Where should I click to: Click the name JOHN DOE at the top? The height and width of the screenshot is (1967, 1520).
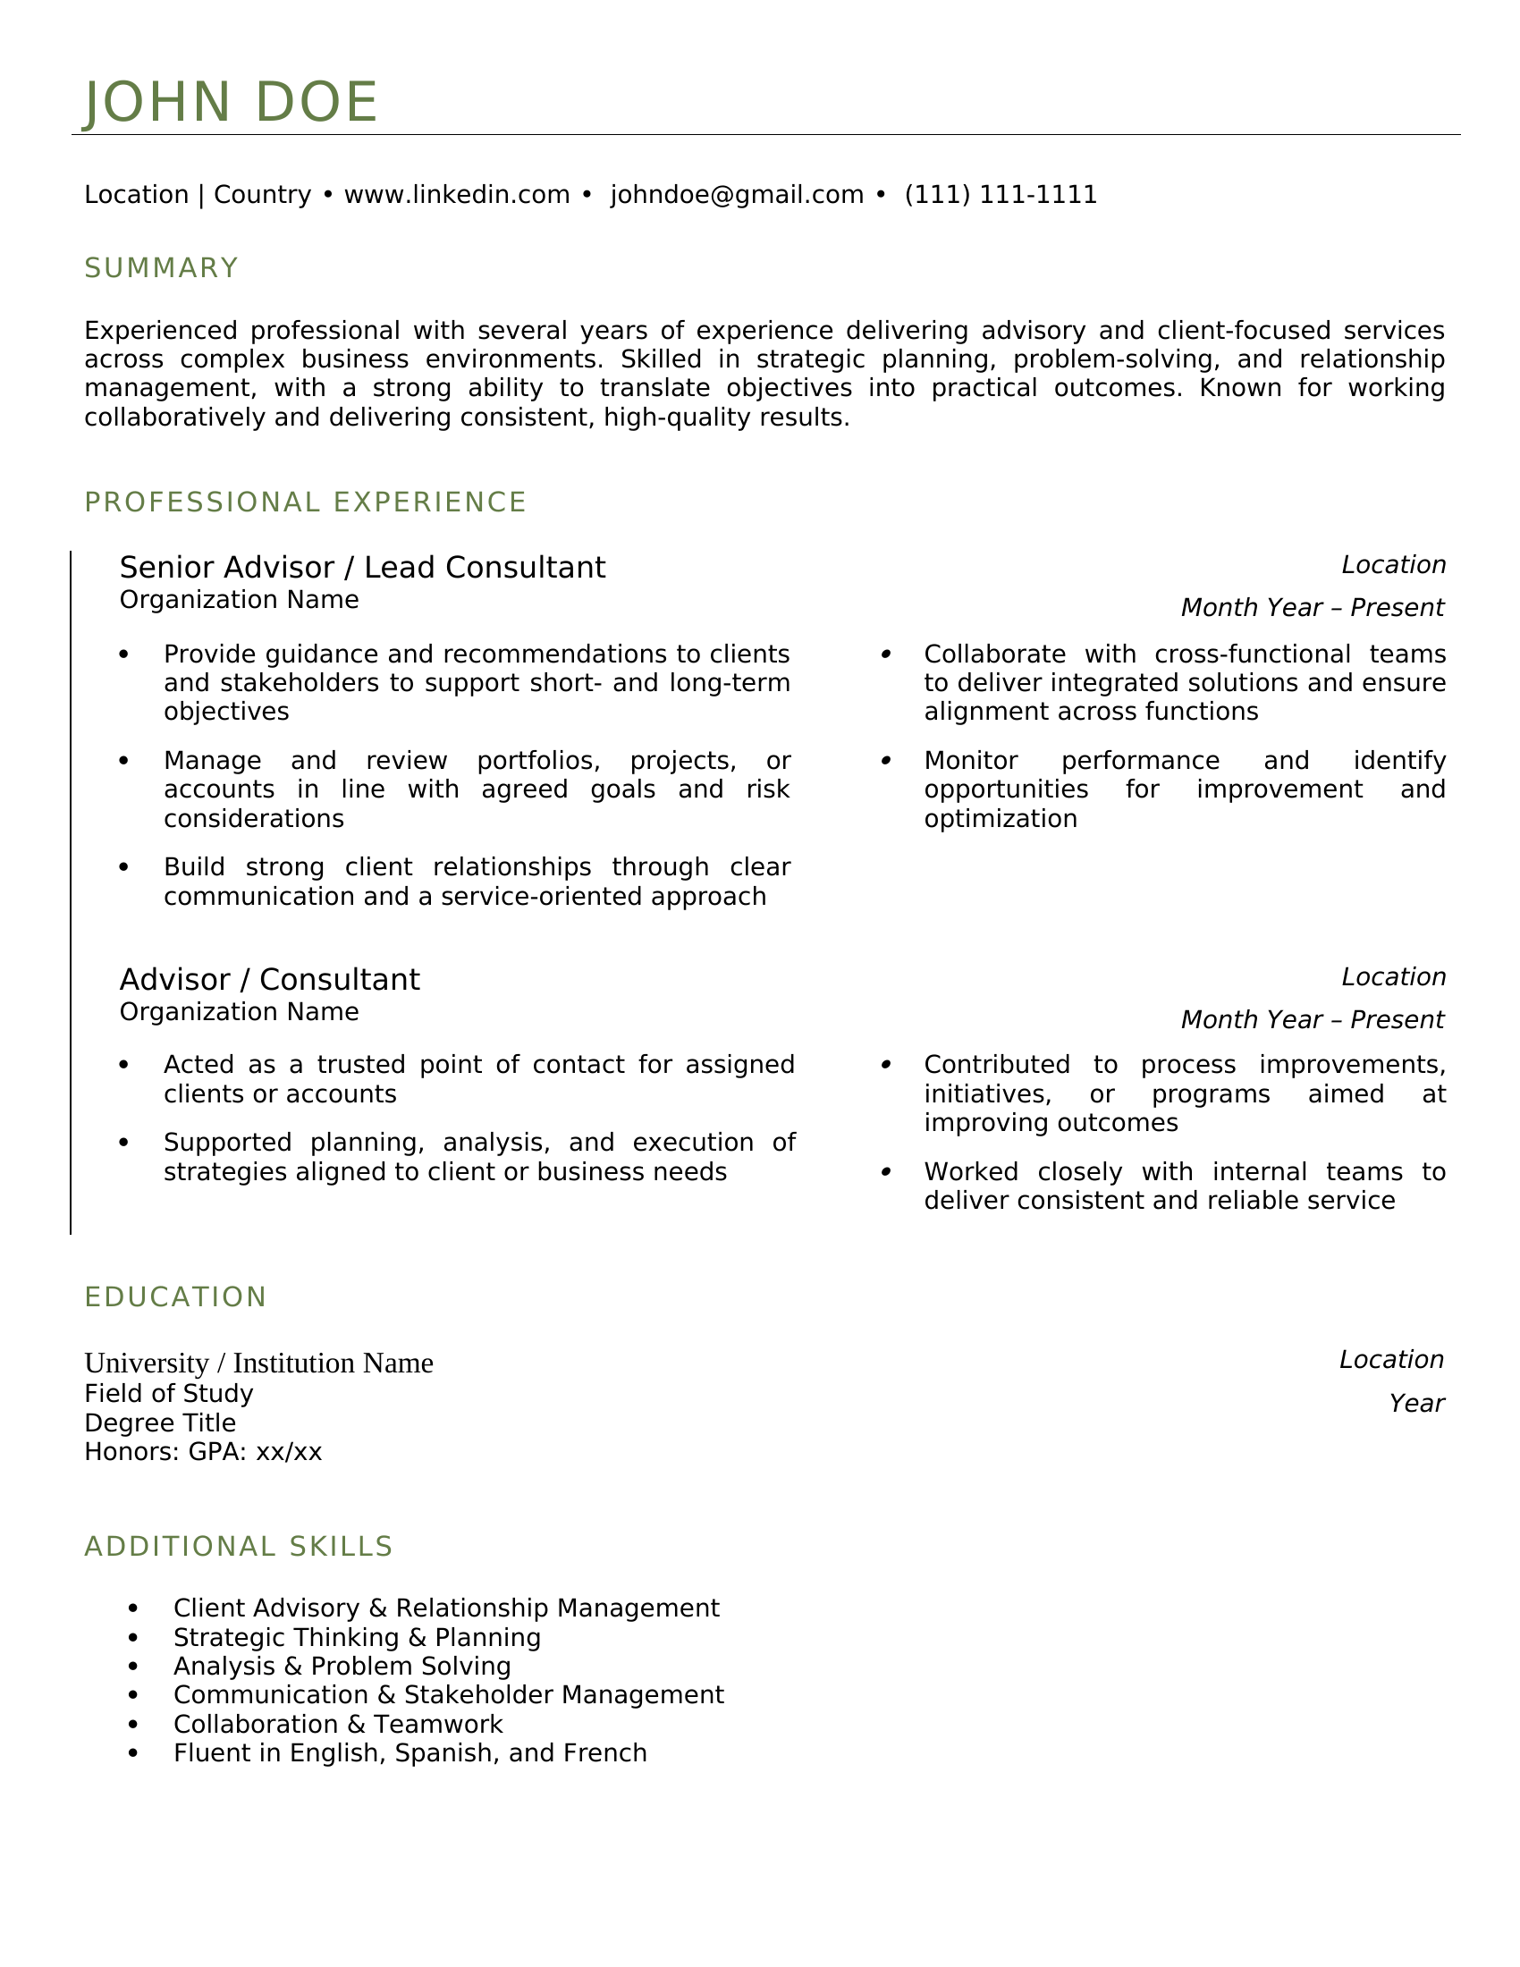[x=231, y=102]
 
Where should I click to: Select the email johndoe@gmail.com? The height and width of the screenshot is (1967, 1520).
[x=737, y=195]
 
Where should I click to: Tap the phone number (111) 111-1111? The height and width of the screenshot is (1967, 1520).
[x=1001, y=195]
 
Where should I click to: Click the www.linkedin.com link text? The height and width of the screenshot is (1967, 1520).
[x=457, y=195]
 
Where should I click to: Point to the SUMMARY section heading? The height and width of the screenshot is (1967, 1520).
[x=161, y=268]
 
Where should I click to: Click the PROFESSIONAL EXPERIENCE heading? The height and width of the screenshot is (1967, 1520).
[x=305, y=502]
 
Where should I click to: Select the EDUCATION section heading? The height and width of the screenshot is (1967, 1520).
[x=175, y=1297]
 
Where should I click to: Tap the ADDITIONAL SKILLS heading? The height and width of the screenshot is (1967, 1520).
[x=239, y=1547]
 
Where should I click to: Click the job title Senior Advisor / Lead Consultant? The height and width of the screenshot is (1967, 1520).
[x=362, y=568]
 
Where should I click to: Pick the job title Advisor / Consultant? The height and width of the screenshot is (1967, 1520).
[x=269, y=980]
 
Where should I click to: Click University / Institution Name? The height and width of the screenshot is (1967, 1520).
[x=258, y=1363]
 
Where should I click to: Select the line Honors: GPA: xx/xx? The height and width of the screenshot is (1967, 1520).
[x=203, y=1452]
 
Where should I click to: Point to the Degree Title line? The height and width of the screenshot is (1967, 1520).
[x=160, y=1423]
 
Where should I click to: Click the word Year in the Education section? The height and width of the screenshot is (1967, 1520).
[x=1415, y=1403]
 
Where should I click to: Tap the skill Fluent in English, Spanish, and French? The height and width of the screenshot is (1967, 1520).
[x=410, y=1752]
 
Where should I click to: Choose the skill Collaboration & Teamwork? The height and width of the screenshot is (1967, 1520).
[x=338, y=1724]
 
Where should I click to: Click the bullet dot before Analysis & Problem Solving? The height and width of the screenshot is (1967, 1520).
[x=134, y=1667]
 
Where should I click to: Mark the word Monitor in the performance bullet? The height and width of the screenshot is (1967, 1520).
[x=971, y=761]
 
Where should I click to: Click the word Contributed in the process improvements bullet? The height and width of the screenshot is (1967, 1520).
[x=997, y=1065]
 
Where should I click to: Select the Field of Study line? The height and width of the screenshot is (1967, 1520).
[x=168, y=1394]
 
